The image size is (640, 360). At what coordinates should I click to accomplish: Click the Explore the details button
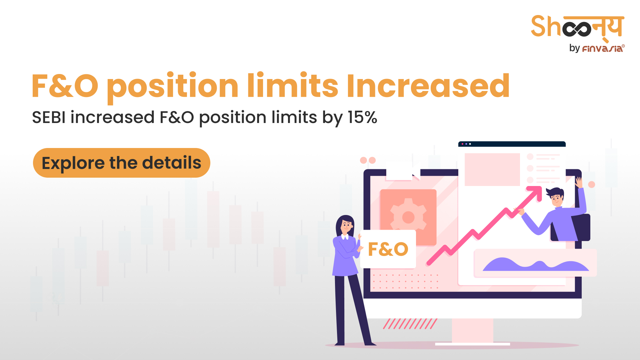click(122, 163)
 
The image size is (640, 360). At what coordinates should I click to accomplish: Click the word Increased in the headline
click(428, 86)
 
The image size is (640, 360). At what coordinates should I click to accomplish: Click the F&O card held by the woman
click(388, 249)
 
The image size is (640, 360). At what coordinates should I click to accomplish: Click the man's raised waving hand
click(579, 182)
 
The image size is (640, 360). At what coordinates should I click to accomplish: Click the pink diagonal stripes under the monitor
click(410, 324)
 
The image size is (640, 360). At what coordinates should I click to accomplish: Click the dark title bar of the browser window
click(512, 144)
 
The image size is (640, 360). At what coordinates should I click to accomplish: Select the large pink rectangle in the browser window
click(492, 169)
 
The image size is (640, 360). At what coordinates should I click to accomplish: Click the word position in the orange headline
click(173, 86)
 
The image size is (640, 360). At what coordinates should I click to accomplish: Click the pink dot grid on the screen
click(406, 281)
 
